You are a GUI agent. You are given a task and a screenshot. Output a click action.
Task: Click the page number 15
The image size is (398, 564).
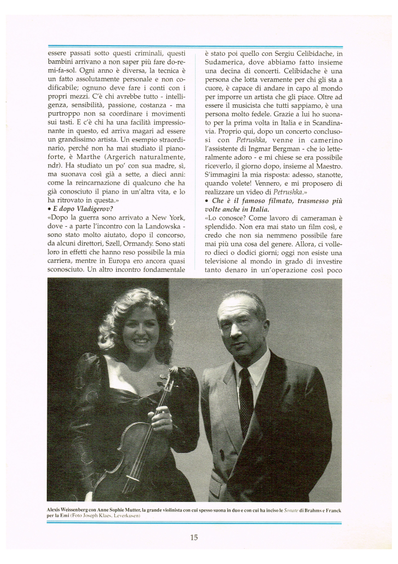pyautogui.click(x=193, y=537)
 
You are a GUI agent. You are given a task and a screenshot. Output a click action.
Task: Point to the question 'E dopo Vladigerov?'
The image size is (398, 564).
pyautogui.click(x=81, y=209)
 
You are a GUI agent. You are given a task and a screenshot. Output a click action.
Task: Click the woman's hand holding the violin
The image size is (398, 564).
pyautogui.click(x=161, y=418)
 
